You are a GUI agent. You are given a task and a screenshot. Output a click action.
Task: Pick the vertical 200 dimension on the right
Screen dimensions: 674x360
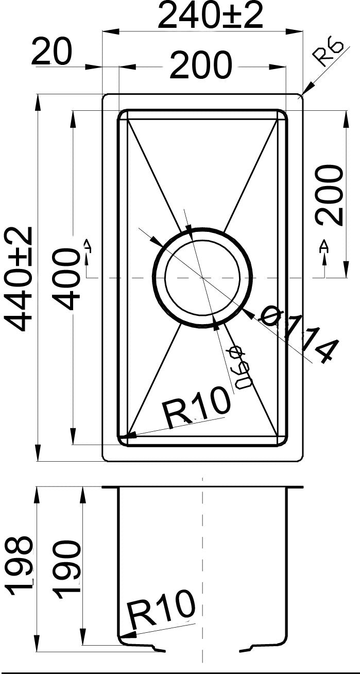pyautogui.click(x=329, y=195)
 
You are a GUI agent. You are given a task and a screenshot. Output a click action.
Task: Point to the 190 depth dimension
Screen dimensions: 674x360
pyautogui.click(x=67, y=569)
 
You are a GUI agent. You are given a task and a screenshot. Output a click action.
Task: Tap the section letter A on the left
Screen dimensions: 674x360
pyautogui.click(x=88, y=247)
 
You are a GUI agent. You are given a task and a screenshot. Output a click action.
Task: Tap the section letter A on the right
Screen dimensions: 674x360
pyautogui.click(x=324, y=247)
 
